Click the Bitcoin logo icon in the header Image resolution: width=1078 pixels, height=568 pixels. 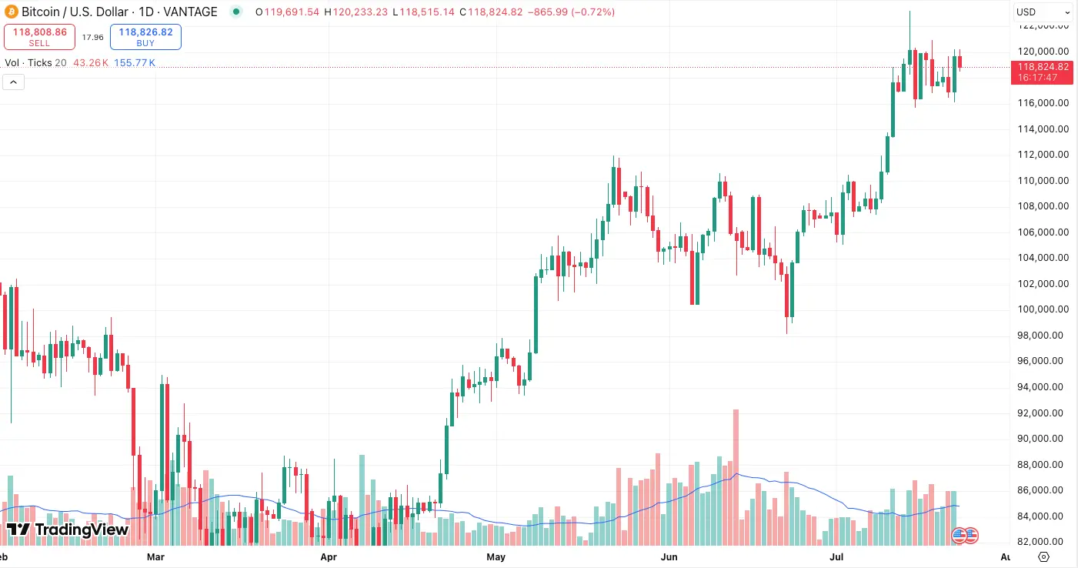pos(10,12)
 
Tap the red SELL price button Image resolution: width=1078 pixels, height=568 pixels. pos(39,37)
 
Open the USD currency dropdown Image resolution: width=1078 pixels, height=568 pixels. pos(1043,12)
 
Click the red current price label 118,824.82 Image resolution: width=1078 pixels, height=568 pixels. pos(1043,67)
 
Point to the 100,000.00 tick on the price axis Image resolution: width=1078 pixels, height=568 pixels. pos(1043,309)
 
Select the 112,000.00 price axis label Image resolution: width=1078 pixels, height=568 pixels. pos(1043,155)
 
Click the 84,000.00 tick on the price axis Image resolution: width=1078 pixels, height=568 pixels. pos(1043,516)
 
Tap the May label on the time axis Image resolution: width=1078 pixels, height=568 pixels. pos(496,556)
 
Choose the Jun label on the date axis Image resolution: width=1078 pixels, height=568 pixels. pos(669,556)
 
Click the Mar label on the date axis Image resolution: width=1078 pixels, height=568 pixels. pos(156,556)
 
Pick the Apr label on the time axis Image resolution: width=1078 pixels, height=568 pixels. pos(329,556)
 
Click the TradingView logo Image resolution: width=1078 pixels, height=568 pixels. pos(68,530)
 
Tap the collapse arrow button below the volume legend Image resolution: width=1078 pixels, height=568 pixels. pos(14,82)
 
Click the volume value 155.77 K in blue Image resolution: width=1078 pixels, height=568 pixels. pos(135,63)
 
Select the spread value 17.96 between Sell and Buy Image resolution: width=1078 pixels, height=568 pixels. pos(93,37)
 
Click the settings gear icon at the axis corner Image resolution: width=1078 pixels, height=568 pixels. pos(1043,556)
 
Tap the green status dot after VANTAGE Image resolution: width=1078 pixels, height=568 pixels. pos(235,12)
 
